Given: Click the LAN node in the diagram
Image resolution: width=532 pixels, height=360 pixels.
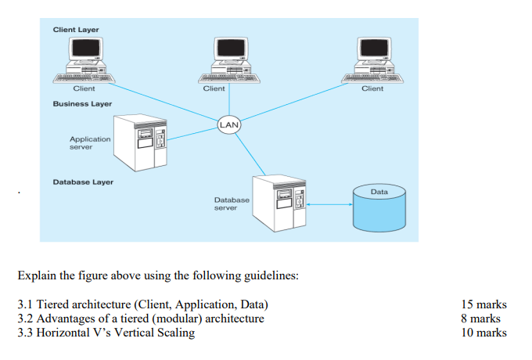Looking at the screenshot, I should coord(228,124).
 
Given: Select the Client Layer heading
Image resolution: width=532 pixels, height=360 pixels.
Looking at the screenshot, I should coord(76,30).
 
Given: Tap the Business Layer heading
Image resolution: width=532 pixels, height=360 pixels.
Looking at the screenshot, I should coord(82,103).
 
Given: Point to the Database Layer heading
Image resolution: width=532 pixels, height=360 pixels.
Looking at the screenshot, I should coord(83,182).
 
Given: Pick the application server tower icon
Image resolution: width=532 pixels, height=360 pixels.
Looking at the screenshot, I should coord(141,143).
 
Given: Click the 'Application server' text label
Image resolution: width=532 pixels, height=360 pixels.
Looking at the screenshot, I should coord(89,142).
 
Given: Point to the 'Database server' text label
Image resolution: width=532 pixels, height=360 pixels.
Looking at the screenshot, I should coord(232,204).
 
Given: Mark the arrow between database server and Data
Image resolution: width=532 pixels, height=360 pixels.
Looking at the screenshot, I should coord(329,206).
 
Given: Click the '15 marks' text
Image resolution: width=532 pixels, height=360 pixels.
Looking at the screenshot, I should coord(484,304).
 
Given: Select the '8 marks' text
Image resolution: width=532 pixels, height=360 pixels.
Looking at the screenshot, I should coord(481,319).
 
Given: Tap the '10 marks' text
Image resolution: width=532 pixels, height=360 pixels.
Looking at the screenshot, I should coord(484,333).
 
